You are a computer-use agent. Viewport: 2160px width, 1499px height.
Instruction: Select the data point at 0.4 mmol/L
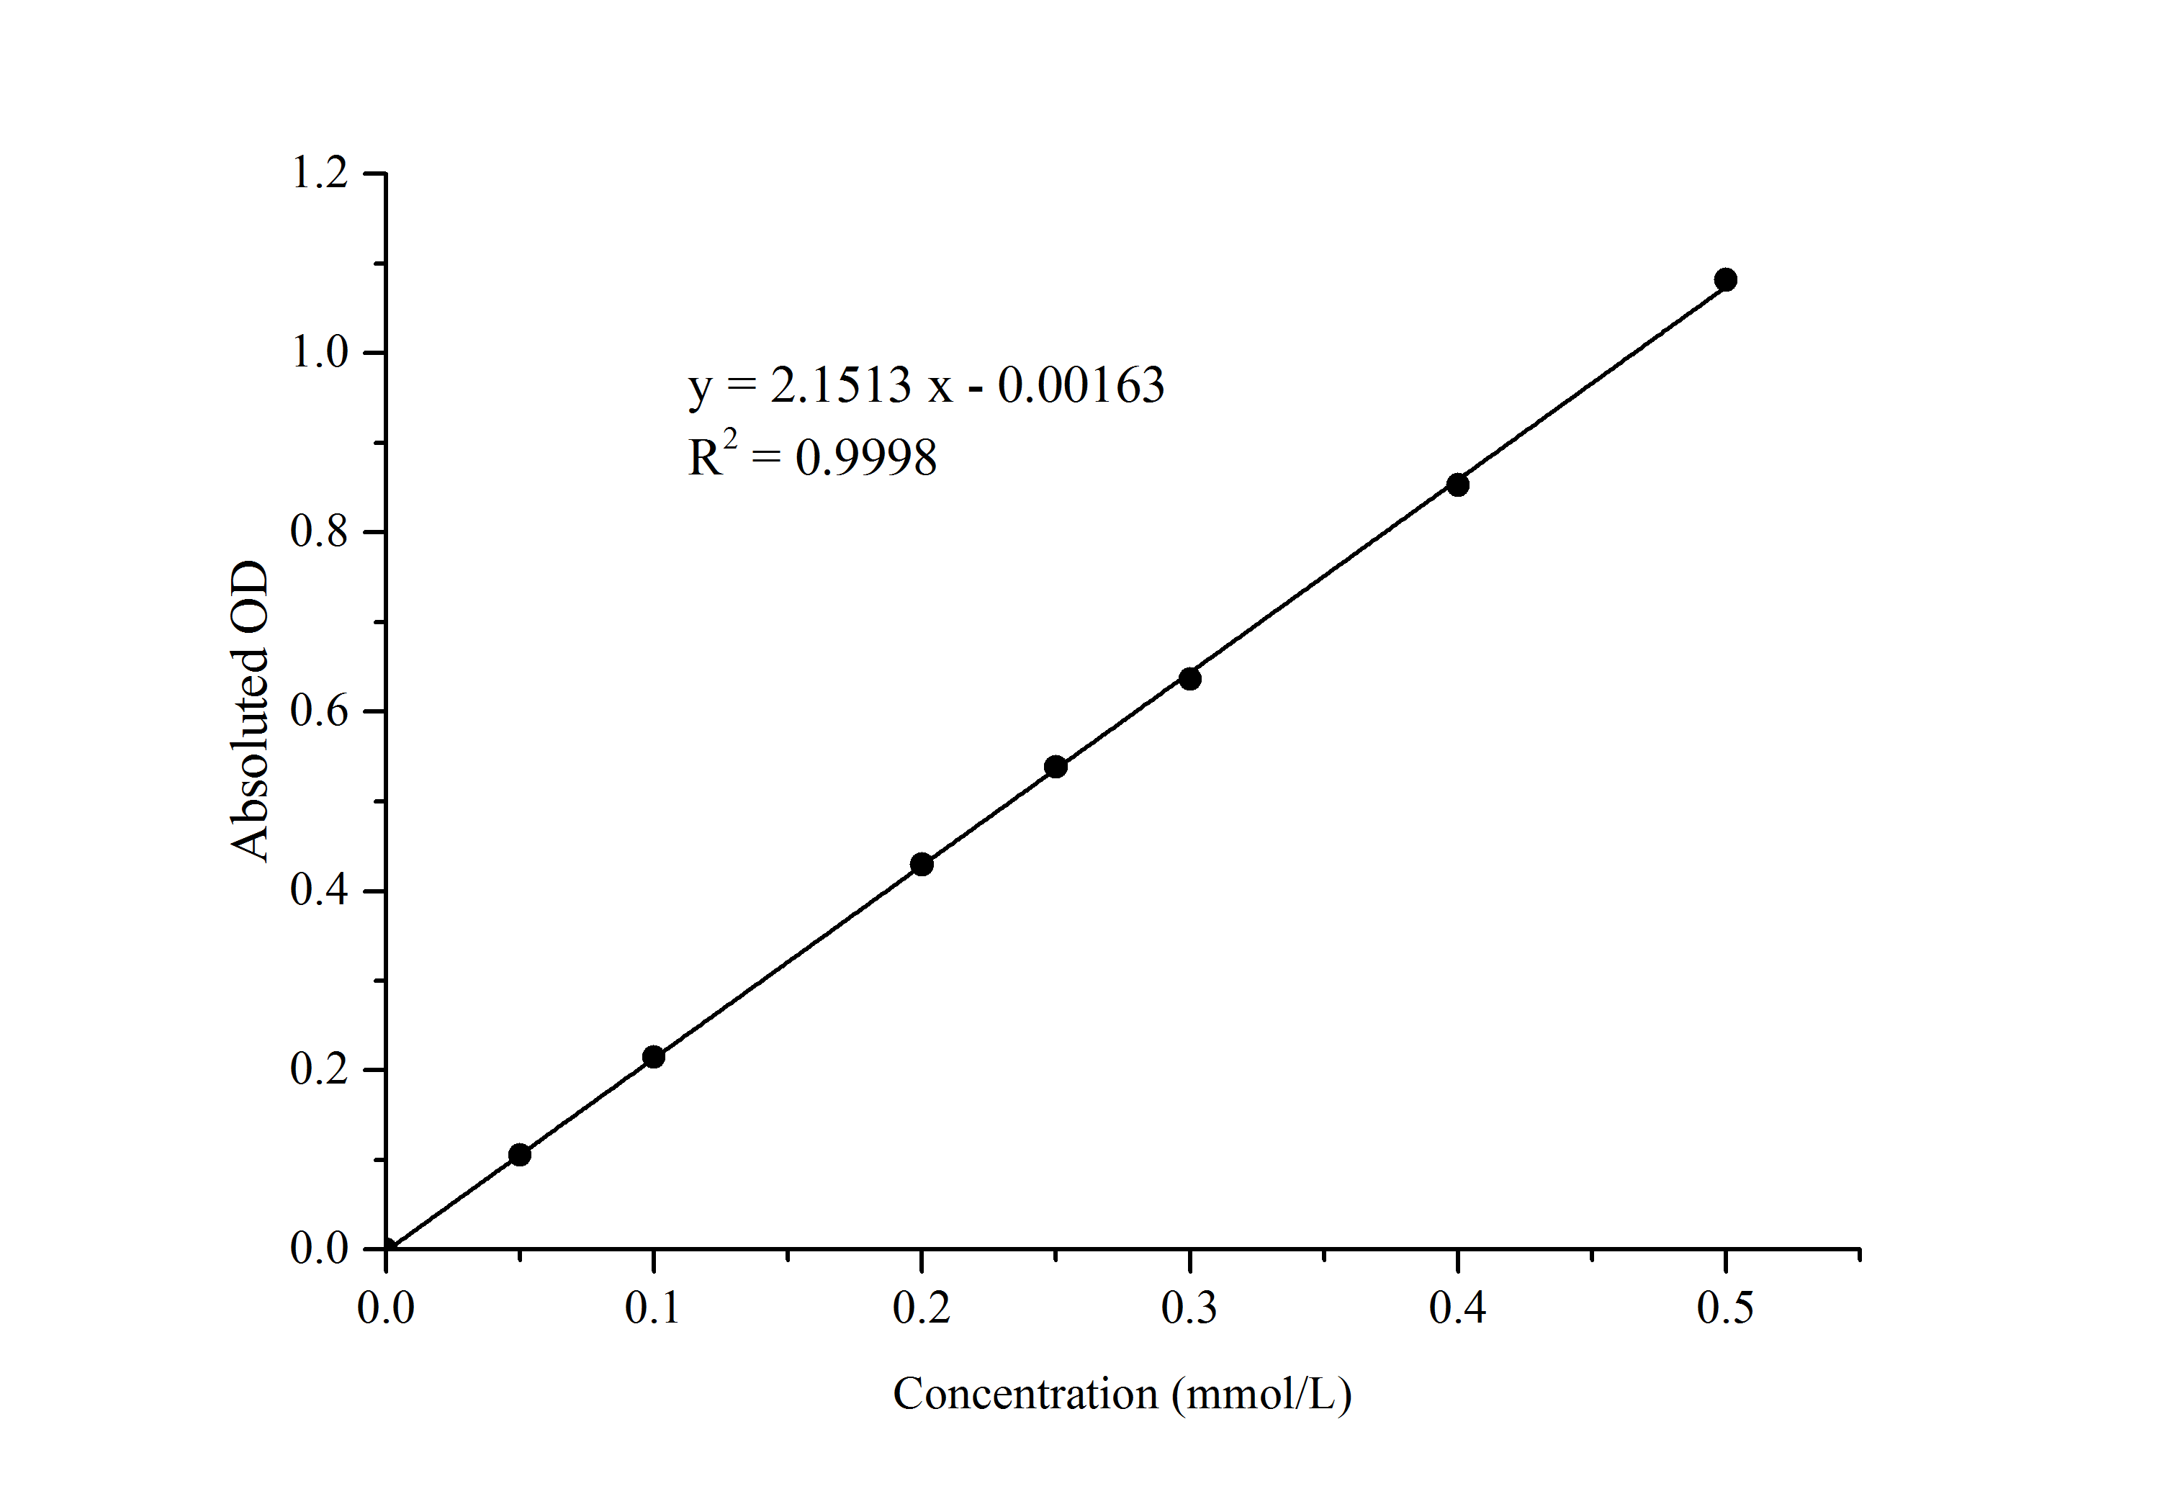[x=1457, y=485]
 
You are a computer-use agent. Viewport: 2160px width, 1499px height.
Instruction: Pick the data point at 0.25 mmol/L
[x=1056, y=766]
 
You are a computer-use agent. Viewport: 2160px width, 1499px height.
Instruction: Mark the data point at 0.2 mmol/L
[x=922, y=864]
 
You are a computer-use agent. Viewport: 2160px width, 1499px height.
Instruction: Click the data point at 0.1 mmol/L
[x=654, y=1057]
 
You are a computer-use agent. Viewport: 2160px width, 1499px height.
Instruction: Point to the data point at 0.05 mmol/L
[x=519, y=1154]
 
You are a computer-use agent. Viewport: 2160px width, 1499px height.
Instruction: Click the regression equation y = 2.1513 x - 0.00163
[x=926, y=385]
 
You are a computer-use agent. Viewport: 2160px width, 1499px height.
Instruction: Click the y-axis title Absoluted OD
[x=250, y=711]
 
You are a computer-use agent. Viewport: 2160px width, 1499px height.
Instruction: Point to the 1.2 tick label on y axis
[x=319, y=173]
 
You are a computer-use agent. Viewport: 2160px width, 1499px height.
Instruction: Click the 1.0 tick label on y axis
[x=319, y=352]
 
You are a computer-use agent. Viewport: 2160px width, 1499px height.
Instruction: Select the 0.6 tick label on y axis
[x=319, y=711]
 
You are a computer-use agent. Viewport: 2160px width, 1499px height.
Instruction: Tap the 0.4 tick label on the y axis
[x=319, y=891]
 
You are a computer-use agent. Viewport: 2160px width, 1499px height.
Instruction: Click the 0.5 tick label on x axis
[x=1725, y=1308]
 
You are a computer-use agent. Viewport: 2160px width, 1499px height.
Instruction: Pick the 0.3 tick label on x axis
[x=1189, y=1308]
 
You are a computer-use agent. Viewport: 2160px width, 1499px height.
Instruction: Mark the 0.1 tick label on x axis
[x=653, y=1308]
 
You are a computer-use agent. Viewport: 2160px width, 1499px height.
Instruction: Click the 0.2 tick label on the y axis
[x=319, y=1069]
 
